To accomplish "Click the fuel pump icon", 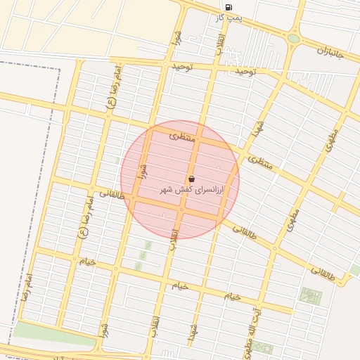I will [229, 6].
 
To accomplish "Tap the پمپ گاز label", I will [229, 17].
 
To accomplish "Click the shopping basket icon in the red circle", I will [192, 179].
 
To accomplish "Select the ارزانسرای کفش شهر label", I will [191, 191].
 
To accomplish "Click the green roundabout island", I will [293, 39].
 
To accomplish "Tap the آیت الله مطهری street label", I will [252, 329].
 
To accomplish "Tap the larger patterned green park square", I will [310, 295].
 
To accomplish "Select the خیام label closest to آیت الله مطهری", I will [233, 296].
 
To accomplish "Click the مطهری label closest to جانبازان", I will [330, 140].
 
